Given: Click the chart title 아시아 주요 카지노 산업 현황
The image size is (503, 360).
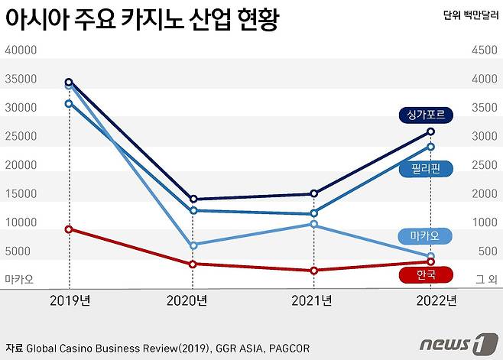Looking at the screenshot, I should pos(141,20).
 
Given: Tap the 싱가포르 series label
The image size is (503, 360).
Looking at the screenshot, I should pos(426,115).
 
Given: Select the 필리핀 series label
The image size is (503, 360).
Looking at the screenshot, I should pos(425,168).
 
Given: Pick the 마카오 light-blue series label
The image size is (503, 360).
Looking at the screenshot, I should pos(425,235).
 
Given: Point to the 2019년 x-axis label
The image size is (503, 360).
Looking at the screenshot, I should pos(70,300).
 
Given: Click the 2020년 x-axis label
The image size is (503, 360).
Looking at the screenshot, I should pos(187,300).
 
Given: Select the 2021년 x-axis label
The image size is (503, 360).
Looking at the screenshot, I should pos(312,300).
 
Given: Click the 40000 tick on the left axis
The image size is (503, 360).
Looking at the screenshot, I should pos(21,50).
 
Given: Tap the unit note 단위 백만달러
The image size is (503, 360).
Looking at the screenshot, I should pos(469,15).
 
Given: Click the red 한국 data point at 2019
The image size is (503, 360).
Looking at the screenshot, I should pos(69,229).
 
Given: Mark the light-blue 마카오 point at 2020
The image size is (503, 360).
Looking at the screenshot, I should pos(193,245).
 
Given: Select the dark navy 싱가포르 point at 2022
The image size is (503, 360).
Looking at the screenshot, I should pos(431,131).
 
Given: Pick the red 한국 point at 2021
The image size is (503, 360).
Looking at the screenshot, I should pos(313,271).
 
